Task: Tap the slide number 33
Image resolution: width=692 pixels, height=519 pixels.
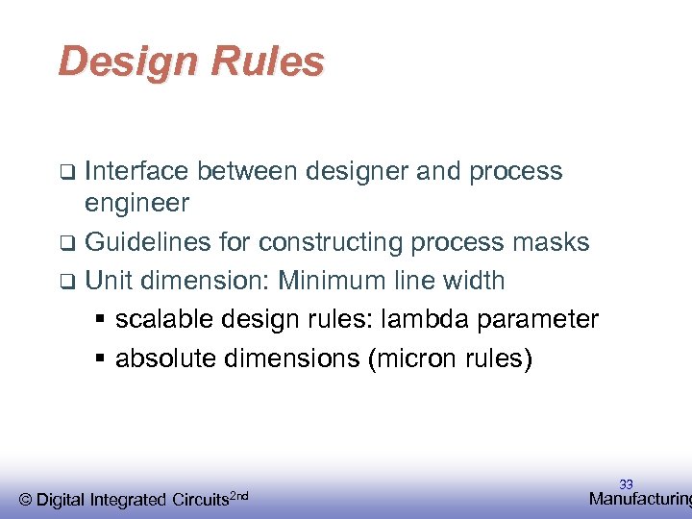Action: point(626,485)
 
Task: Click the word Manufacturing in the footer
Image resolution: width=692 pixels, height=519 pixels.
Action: point(639,499)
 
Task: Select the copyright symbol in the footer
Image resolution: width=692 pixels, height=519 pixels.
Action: point(26,500)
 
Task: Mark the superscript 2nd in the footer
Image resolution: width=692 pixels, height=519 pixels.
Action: point(240,495)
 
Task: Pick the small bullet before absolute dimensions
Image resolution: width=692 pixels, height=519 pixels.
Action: point(100,359)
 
